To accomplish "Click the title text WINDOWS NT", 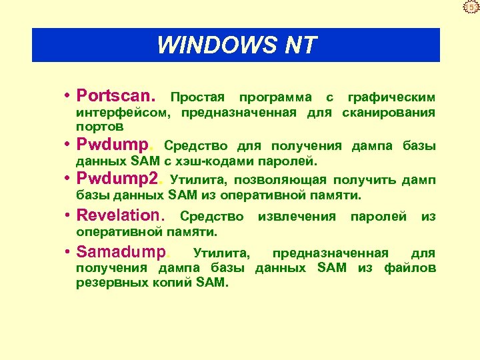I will (236, 45).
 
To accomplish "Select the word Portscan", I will (117, 96).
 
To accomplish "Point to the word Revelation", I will (119, 215).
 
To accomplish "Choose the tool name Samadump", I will (123, 253).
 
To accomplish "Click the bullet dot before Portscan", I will (69, 96).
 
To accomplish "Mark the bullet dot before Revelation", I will (69, 216).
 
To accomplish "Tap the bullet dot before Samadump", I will (69, 253).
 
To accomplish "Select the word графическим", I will (391, 97).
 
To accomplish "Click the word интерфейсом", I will (117, 112).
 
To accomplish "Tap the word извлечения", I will (297, 217).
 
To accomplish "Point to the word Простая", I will (198, 97).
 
